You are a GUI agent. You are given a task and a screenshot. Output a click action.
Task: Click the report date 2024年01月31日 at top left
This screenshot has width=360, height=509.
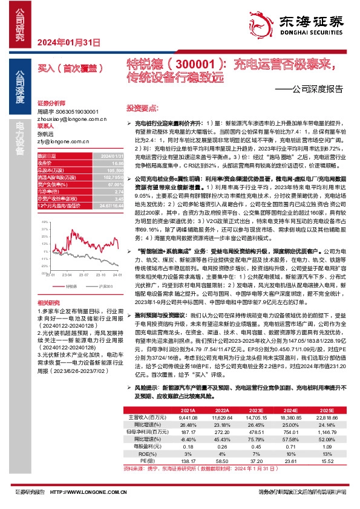point(68,42)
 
